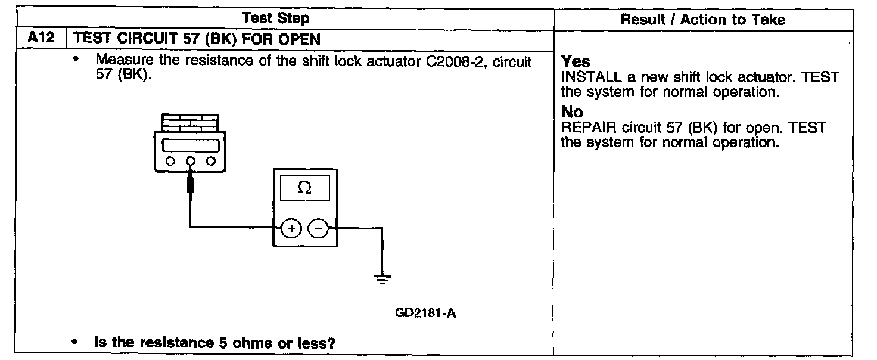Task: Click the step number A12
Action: point(41,39)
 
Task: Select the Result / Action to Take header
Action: point(702,20)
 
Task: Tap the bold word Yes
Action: point(576,62)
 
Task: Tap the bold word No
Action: point(573,112)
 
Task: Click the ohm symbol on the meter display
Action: point(304,188)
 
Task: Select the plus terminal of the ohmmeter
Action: point(291,228)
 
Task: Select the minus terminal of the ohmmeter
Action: point(319,228)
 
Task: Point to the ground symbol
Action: point(381,278)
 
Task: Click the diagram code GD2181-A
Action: point(425,314)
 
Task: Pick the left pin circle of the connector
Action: point(170,161)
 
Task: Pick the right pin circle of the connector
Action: point(210,161)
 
